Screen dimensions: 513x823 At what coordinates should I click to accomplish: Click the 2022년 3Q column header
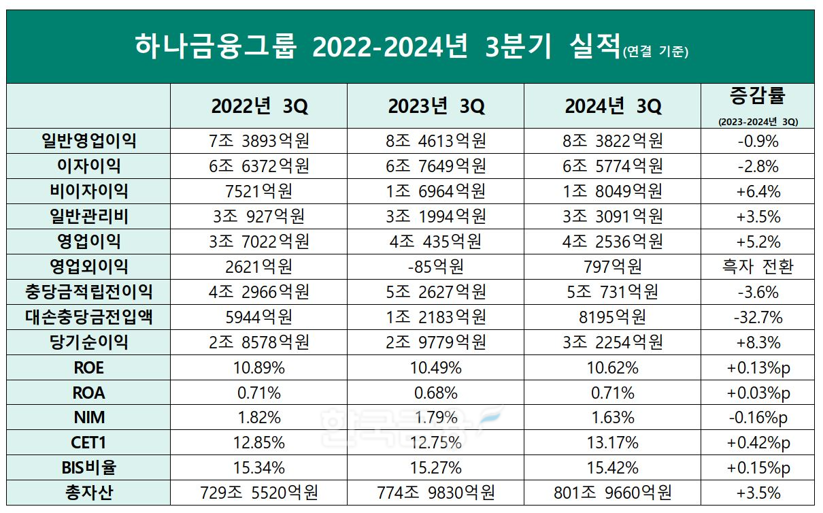click(258, 106)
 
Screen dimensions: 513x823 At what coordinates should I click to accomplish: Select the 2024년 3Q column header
click(612, 106)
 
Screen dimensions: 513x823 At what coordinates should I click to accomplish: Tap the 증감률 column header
click(758, 97)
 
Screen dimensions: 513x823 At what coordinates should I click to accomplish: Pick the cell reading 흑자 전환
click(758, 267)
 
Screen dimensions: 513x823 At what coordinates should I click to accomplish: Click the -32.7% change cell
click(758, 317)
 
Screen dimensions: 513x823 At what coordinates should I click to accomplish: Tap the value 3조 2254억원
click(612, 342)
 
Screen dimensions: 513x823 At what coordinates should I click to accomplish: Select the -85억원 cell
click(436, 267)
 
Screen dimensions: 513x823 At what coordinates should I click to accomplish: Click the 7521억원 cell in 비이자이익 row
click(258, 191)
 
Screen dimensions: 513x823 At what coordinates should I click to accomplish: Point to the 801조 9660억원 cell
click(612, 493)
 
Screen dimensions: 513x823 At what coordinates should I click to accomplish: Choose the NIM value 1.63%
click(612, 418)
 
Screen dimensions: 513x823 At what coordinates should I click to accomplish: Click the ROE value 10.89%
click(258, 367)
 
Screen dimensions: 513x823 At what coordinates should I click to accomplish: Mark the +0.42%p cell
click(758, 443)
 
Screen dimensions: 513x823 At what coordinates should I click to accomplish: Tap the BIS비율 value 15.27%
click(436, 468)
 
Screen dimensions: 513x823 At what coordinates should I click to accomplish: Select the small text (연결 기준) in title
click(655, 53)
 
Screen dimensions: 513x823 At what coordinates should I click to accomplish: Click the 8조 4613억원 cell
click(436, 141)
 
